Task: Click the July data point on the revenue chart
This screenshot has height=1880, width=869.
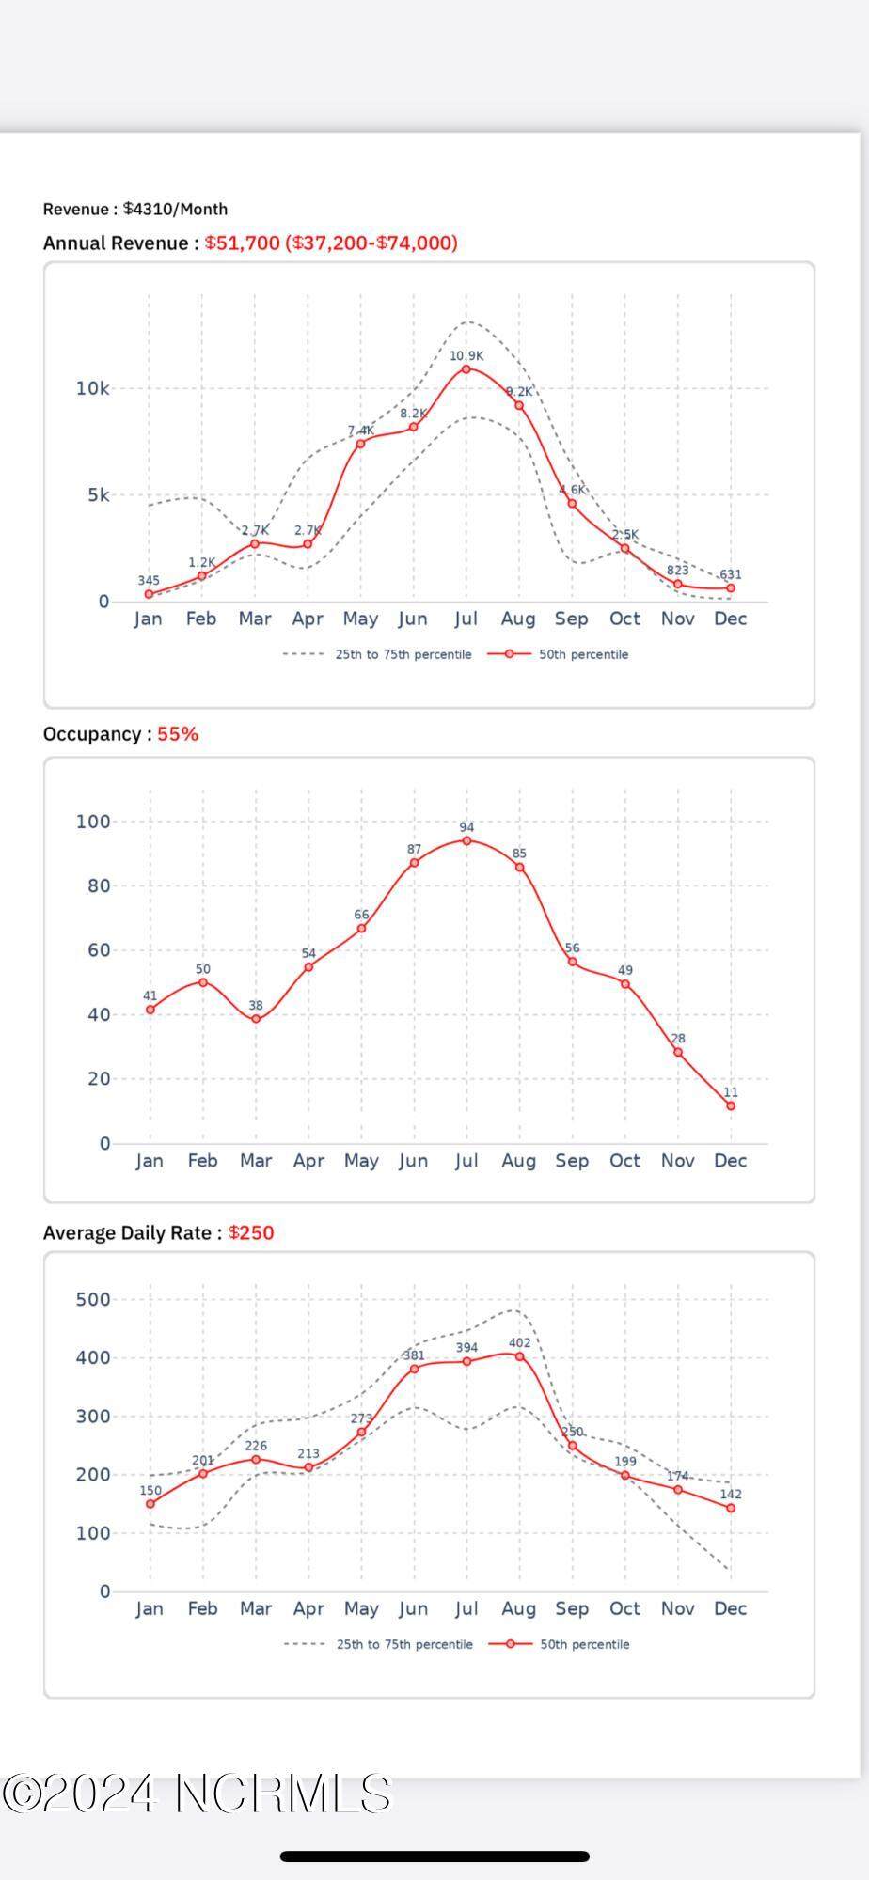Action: coord(466,369)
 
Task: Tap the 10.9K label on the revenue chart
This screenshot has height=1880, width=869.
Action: coord(466,356)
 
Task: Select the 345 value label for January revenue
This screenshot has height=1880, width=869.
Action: coord(149,581)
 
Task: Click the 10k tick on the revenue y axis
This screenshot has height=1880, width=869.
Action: coord(92,388)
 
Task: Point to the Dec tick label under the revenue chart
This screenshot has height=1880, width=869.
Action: coord(731,619)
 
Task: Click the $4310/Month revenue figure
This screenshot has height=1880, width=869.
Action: coord(175,209)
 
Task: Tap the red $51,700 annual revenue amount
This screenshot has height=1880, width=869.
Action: coord(243,243)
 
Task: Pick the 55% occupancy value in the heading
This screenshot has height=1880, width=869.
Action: coord(178,734)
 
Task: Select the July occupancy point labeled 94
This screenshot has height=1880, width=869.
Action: coord(466,840)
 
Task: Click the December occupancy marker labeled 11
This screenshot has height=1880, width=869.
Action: coord(731,1105)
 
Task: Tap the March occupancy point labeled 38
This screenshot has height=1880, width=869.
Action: coord(256,1019)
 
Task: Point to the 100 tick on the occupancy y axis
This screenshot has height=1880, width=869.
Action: coord(93,822)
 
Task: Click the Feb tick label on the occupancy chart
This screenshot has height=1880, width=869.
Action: coord(202,1161)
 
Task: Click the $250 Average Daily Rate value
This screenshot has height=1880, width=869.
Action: coord(251,1232)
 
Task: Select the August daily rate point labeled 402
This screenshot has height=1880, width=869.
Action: coord(519,1356)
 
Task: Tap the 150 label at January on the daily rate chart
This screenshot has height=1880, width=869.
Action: coord(150,1490)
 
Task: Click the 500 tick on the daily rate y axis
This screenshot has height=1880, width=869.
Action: coord(93,1299)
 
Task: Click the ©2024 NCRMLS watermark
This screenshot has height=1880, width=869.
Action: coord(196,1794)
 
